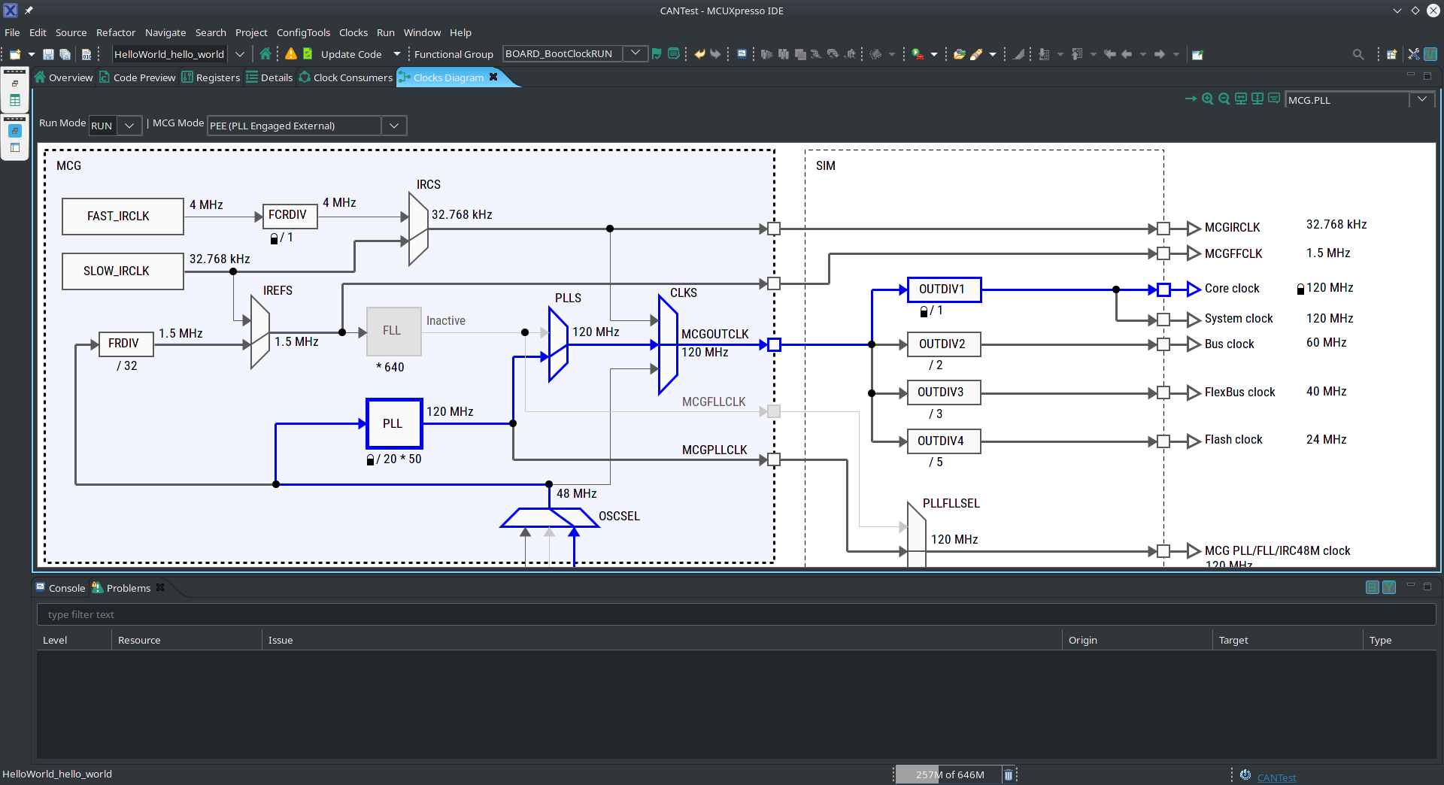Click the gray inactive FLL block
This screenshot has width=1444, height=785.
point(393,331)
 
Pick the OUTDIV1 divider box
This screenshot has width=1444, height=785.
point(943,289)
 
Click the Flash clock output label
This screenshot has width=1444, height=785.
point(1233,440)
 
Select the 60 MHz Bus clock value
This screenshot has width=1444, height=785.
point(1326,343)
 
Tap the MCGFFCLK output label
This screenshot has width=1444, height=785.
point(1233,254)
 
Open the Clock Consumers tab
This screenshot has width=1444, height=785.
point(352,77)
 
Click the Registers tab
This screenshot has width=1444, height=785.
point(217,77)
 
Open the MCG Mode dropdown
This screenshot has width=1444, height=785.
point(393,126)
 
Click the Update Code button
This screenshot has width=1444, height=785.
point(350,54)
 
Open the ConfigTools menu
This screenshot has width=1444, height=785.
point(303,32)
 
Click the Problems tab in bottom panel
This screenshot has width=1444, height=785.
point(128,588)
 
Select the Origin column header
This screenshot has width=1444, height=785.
point(1082,640)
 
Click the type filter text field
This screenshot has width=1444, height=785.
point(736,614)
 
